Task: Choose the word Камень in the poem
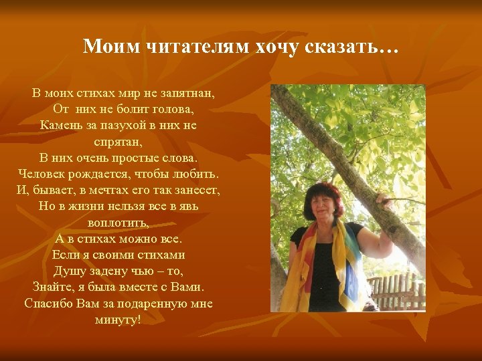tap(60, 124)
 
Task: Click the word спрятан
tap(118, 142)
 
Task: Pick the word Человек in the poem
tap(44, 174)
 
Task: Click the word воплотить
tap(118, 222)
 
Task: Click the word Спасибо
tap(48, 303)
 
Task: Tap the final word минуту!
tap(118, 320)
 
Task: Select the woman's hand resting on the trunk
tap(384, 199)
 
